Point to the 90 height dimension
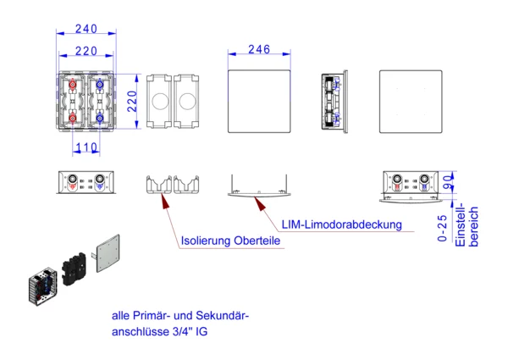[448, 180]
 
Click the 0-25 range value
[443, 228]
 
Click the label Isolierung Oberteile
[230, 241]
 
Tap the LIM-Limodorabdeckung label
[342, 224]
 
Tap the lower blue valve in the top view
[100, 118]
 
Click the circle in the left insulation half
[158, 102]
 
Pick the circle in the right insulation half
[185, 102]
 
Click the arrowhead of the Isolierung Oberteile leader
[163, 199]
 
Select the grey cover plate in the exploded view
[108, 252]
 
